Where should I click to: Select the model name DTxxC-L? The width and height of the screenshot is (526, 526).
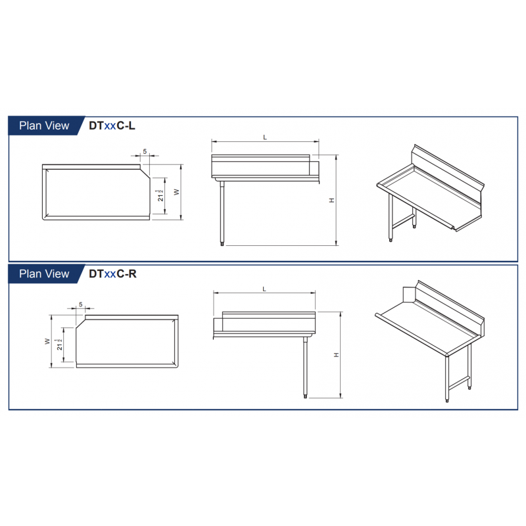pos(112,126)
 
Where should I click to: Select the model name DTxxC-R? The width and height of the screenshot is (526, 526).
pos(112,274)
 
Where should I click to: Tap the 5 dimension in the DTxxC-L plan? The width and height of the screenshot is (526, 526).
pos(145,151)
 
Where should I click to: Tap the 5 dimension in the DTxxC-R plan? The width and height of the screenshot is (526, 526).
pos(81,304)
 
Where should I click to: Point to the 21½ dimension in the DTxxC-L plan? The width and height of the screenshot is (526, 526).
pos(160,195)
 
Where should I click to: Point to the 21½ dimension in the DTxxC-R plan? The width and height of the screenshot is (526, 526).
pos(59,345)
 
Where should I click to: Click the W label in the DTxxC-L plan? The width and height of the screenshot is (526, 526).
pos(177,192)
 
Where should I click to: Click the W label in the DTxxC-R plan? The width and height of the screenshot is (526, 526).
pos(47,341)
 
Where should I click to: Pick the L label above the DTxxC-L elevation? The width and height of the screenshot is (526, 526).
pos(265,137)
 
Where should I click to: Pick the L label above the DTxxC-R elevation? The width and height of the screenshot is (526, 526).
pos(264,289)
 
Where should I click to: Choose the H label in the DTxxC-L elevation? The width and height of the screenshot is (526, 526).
pos(332,201)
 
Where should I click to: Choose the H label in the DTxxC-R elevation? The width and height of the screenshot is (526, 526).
pos(337,355)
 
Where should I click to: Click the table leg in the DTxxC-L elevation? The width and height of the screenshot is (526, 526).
pos(222,213)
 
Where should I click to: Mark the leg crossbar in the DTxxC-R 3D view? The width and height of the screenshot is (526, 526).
pos(458,383)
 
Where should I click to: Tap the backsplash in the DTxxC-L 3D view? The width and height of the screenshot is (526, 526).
pos(448,174)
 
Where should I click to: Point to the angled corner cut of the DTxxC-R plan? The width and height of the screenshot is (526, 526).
pos(81,323)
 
